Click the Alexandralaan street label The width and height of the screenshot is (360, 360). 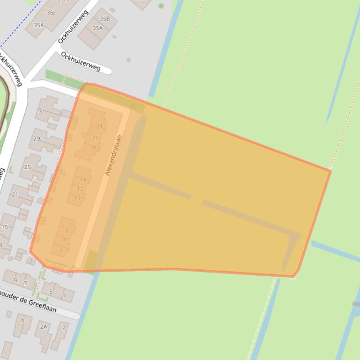click(x=114, y=155)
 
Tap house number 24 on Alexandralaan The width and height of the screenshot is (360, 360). click(x=99, y=126)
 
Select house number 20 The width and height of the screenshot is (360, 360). click(x=96, y=138)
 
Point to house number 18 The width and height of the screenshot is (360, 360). click(x=93, y=148)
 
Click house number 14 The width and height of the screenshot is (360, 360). click(x=83, y=180)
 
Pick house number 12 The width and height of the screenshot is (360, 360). click(x=80, y=189)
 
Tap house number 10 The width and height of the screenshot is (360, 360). click(x=77, y=198)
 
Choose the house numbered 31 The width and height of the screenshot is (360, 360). click(x=42, y=111)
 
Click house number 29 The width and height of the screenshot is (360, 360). click(x=37, y=139)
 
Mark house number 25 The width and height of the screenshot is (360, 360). click(x=28, y=167)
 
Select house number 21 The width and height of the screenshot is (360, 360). click(x=15, y=194)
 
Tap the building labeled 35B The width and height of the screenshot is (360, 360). click(x=104, y=19)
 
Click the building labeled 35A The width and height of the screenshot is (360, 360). click(x=97, y=28)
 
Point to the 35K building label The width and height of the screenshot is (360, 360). click(x=38, y=25)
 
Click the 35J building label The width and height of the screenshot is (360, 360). click(x=50, y=13)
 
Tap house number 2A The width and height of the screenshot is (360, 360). click(x=44, y=326)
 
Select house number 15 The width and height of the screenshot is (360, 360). click(x=5, y=227)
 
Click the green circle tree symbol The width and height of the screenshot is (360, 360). click(x=161, y=6)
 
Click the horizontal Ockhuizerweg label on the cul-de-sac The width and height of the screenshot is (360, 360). click(x=81, y=61)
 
